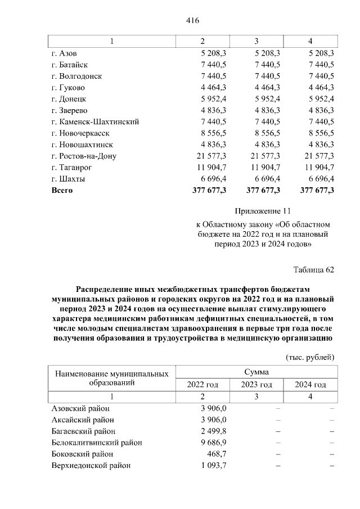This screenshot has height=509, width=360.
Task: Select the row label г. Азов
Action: coord(65,53)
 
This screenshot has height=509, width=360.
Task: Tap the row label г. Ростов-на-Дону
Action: coord(84,156)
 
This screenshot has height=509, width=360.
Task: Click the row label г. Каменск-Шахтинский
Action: coord(95,121)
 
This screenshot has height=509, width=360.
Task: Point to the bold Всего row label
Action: coord(62,190)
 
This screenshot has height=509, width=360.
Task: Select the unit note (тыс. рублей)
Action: coord(310,357)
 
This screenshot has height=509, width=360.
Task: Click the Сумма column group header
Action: coord(256,372)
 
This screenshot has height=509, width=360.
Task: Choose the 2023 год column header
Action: coord(256,385)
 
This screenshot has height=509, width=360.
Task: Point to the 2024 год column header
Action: coord(310,385)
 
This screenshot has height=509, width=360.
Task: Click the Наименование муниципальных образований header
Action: coord(111,378)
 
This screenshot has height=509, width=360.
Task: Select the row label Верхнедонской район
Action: coord(91,466)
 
